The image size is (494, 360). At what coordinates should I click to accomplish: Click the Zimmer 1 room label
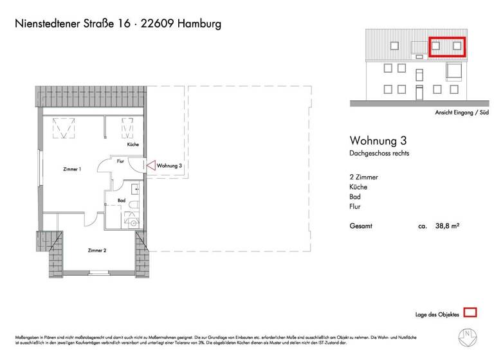71,169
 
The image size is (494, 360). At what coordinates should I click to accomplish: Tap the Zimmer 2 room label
97,249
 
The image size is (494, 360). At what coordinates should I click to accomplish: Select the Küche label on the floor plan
133,145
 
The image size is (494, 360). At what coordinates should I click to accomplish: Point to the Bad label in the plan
121,201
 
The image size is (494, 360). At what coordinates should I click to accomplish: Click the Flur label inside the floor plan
120,162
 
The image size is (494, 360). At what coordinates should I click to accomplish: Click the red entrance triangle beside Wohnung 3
150,165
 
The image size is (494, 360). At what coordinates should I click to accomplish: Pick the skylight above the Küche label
127,128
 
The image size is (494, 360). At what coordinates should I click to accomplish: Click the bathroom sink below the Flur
134,188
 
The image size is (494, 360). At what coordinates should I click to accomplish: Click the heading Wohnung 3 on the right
378,140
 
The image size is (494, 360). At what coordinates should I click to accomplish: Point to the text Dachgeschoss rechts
379,154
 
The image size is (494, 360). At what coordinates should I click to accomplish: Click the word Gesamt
361,226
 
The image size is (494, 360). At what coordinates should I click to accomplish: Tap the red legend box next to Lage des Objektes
470,313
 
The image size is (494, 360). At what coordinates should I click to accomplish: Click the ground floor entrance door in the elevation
419,94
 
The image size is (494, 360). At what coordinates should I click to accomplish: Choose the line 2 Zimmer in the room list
363,176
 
